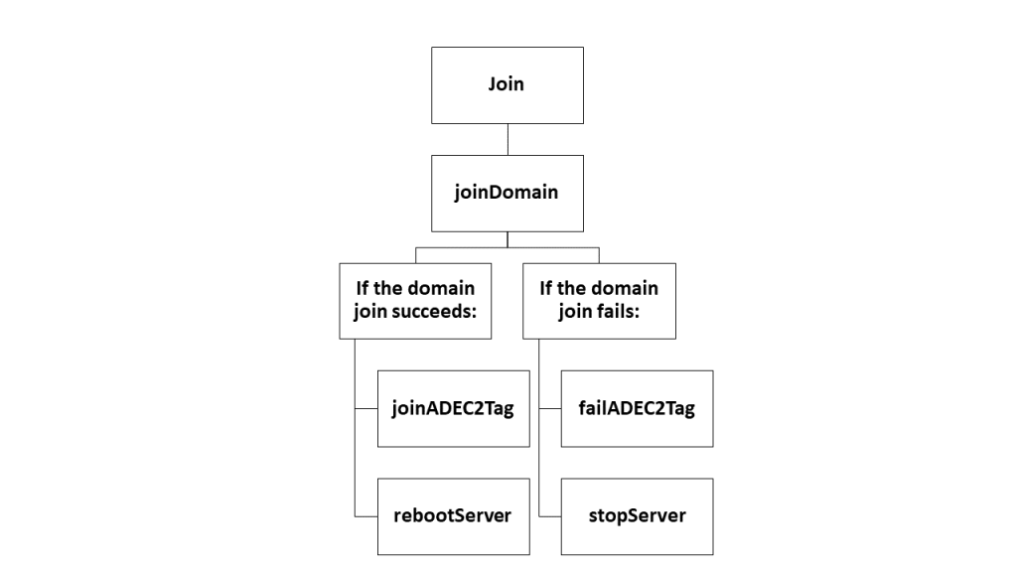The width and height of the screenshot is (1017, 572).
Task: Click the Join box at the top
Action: pos(507,84)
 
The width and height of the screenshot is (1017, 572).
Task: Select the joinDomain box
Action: pos(507,193)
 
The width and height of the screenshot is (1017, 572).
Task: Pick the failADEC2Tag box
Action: pos(637,408)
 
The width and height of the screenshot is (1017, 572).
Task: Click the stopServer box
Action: pos(637,516)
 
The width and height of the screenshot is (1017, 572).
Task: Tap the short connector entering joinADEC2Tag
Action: pos(365,408)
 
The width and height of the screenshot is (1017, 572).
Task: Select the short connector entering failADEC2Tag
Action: pos(549,408)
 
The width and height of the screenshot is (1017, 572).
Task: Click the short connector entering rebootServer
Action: pos(365,516)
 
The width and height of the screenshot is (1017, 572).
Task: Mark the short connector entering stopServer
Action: pos(549,516)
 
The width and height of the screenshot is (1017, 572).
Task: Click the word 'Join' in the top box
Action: pos(507,84)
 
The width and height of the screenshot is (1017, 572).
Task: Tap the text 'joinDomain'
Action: pos(507,193)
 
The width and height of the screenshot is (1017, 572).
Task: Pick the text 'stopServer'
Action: pos(637,516)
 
